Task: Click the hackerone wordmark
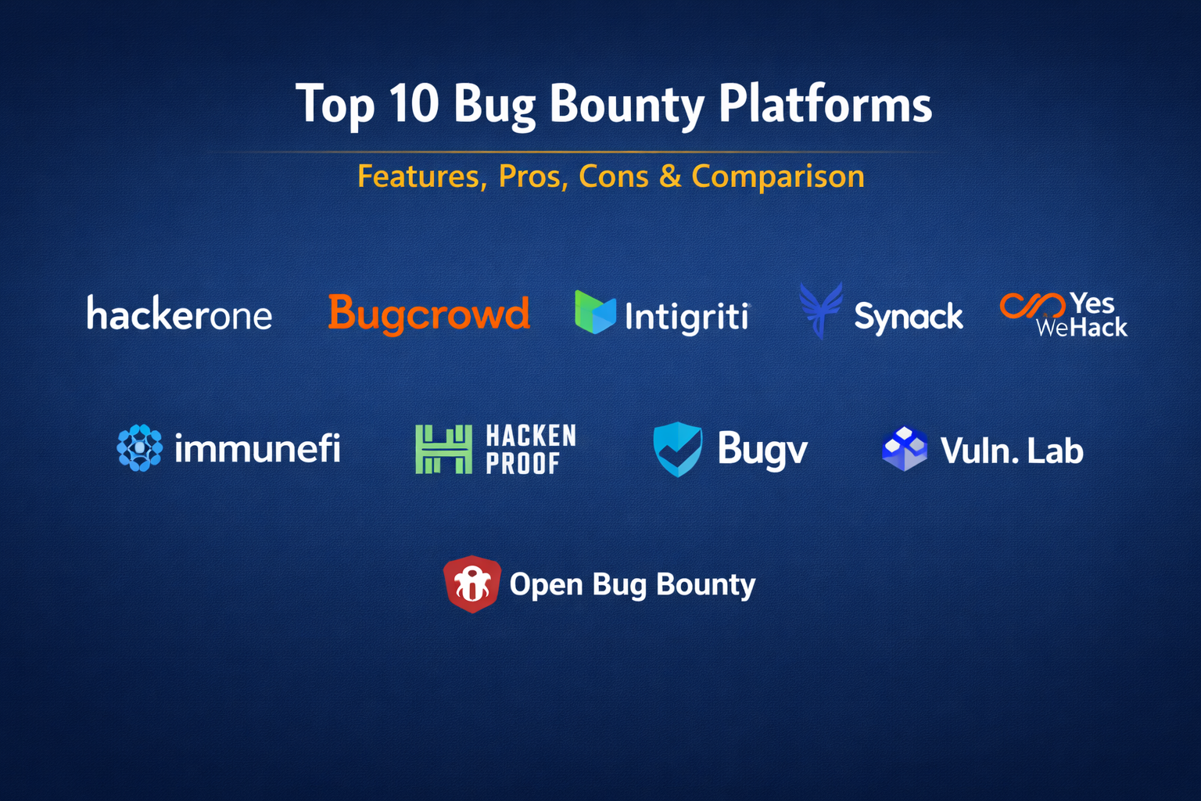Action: point(180,312)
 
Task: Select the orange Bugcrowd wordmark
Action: point(429,314)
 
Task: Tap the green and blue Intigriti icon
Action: point(594,312)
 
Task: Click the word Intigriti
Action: point(687,317)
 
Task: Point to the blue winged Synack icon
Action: point(820,311)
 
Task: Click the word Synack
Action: point(909,318)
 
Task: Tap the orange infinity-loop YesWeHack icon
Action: point(1032,306)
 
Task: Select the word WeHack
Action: point(1081,328)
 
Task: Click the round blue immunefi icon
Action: point(139,448)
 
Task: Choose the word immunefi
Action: point(257,448)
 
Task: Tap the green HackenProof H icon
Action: point(444,449)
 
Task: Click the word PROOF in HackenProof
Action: point(523,464)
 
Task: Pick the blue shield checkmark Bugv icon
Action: point(678,449)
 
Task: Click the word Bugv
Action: point(762,450)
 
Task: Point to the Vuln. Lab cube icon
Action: point(905,448)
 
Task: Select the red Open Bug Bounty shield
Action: point(471,584)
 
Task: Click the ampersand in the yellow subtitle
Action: point(670,176)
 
